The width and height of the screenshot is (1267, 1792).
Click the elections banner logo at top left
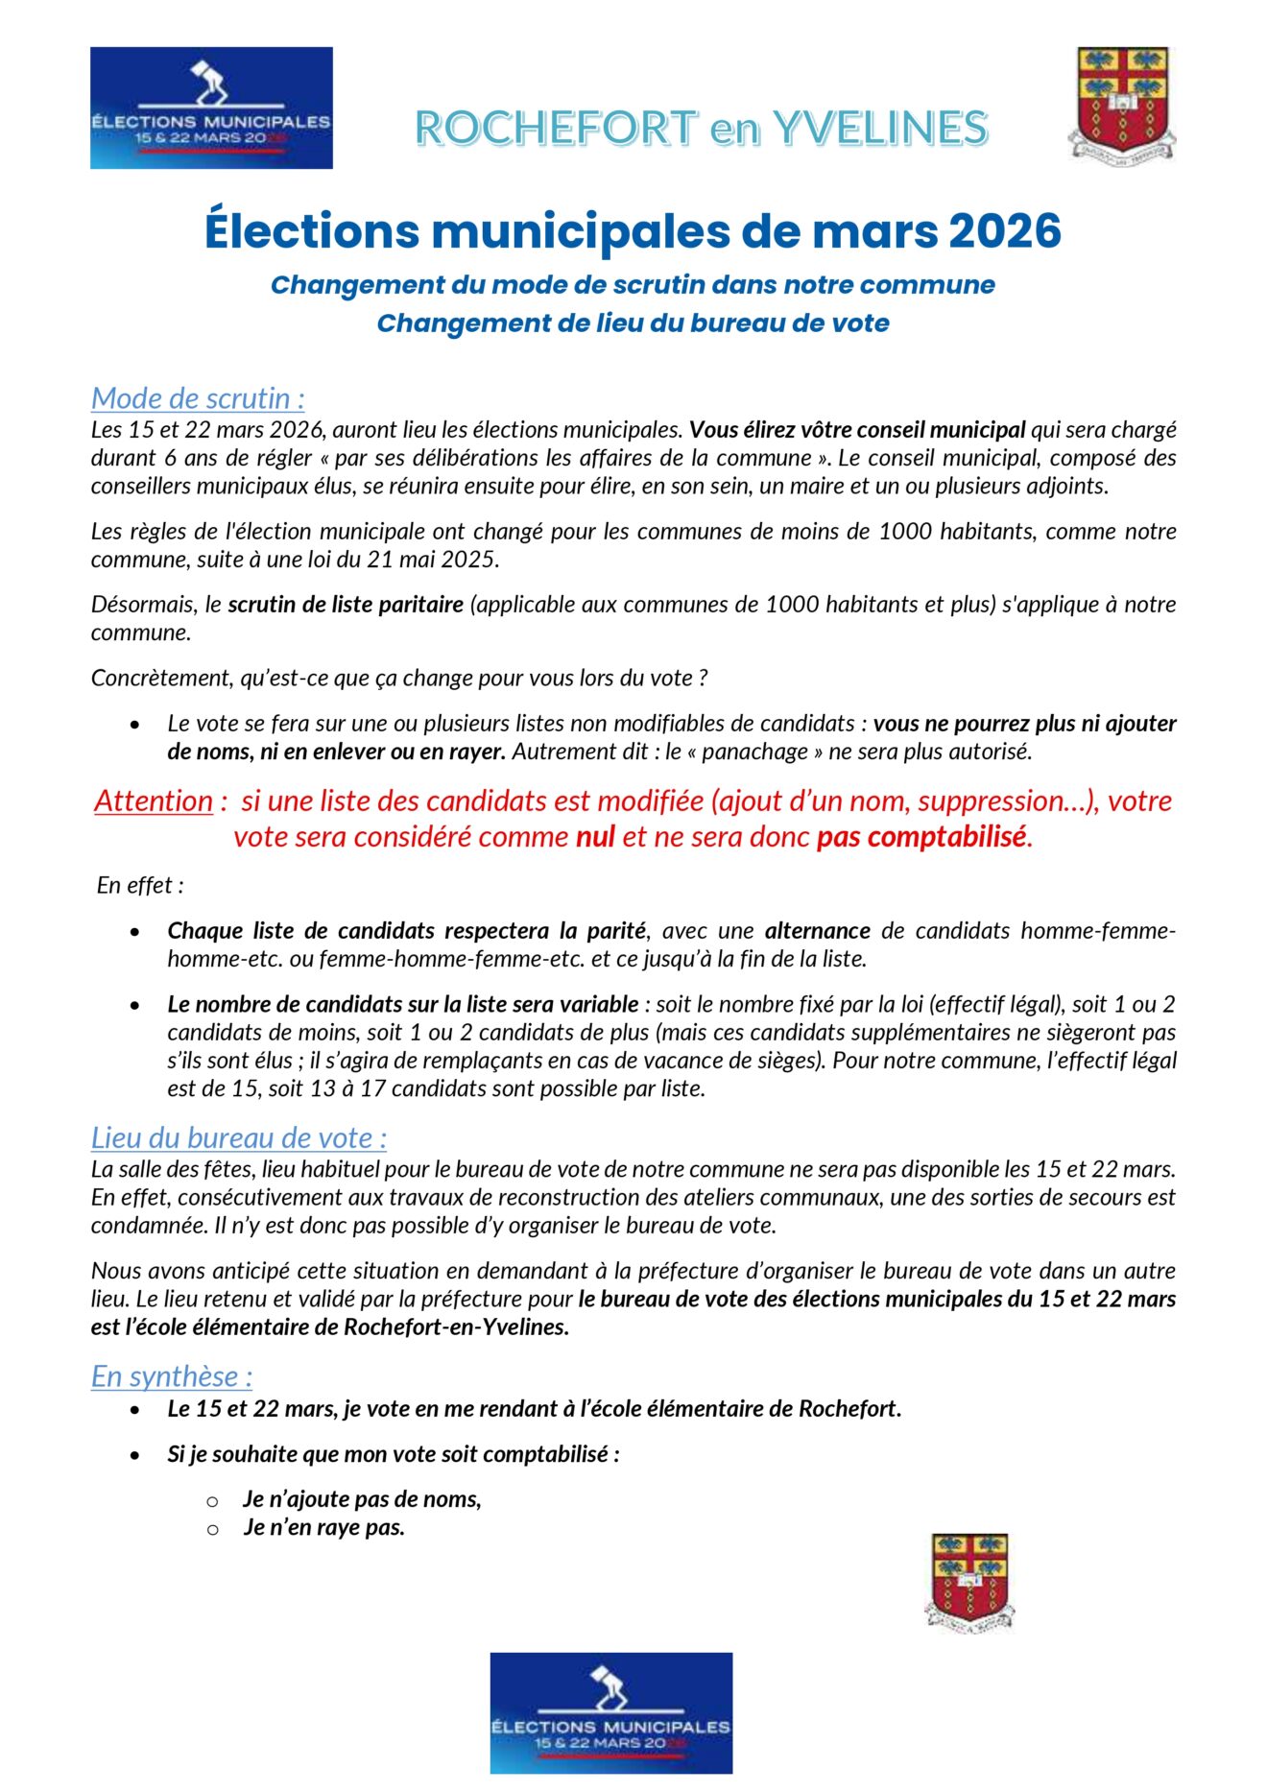pyautogui.click(x=211, y=108)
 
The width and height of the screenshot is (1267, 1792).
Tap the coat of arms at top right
pyautogui.click(x=1121, y=103)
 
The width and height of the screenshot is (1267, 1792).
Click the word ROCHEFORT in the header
pyautogui.click(x=556, y=129)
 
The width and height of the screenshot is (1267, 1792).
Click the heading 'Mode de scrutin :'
pyautogui.click(x=198, y=397)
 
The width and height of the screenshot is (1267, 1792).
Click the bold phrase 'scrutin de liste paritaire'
pyautogui.click(x=346, y=604)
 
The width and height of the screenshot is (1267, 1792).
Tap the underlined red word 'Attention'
pyautogui.click(x=154, y=800)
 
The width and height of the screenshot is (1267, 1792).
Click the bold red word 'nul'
pyautogui.click(x=595, y=837)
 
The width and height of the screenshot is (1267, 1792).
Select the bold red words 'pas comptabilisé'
pyautogui.click(x=921, y=837)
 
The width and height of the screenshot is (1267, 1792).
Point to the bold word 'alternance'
pyautogui.click(x=817, y=930)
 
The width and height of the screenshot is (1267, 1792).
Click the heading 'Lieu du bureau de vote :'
pyautogui.click(x=239, y=1137)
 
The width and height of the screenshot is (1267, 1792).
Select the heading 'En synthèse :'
pyautogui.click(x=172, y=1375)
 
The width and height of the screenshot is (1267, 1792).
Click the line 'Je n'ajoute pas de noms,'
pyautogui.click(x=362, y=1498)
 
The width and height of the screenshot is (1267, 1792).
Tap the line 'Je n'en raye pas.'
pyautogui.click(x=323, y=1527)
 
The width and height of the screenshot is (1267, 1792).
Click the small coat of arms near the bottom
pyautogui.click(x=969, y=1581)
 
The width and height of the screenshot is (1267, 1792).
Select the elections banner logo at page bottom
pyautogui.click(x=610, y=1712)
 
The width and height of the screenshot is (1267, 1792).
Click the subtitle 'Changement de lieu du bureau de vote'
pyautogui.click(x=633, y=323)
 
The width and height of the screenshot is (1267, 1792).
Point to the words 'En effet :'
pyautogui.click(x=140, y=885)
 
